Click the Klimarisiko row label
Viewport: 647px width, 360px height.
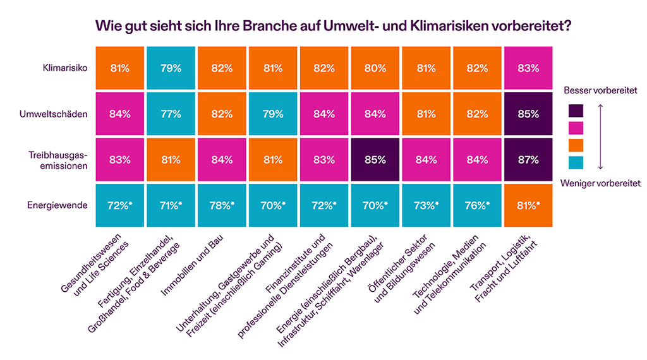tap(64, 68)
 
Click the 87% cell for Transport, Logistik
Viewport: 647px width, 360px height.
tap(528, 160)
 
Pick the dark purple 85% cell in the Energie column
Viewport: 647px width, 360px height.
tap(375, 160)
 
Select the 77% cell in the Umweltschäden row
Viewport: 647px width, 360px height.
tap(171, 114)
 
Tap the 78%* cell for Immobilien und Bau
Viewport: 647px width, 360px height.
tap(222, 206)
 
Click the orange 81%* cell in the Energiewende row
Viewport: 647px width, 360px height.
tap(528, 206)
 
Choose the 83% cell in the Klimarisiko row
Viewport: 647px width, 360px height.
tap(528, 68)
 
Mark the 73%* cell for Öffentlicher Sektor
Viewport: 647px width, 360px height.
tap(426, 206)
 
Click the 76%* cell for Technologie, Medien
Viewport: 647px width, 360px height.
tap(477, 206)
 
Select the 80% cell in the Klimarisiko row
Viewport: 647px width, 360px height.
tap(375, 68)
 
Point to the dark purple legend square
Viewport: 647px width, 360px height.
tap(576, 111)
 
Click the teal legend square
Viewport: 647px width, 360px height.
tap(576, 164)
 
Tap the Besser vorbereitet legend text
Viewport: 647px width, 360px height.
tap(600, 91)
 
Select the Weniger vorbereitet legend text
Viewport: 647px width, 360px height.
tap(601, 184)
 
